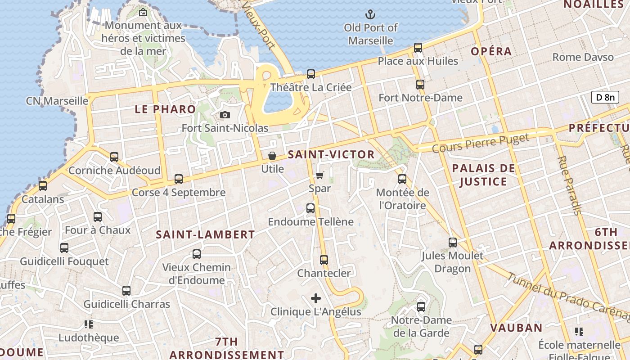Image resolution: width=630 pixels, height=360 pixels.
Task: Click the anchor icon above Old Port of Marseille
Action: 370,14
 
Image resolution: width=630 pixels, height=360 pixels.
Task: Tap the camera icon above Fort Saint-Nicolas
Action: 225,115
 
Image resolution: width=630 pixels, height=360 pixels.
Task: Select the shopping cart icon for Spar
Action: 319,175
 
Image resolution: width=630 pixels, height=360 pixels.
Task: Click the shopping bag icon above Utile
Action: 272,156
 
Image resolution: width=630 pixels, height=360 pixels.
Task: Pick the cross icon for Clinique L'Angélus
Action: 316,298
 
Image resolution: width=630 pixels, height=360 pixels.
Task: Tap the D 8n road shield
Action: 605,97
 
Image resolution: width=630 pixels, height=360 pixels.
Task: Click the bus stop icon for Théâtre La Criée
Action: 310,74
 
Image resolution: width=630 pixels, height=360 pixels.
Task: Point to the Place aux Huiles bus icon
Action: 418,47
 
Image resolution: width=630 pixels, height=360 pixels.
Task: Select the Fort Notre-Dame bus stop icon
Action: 420,84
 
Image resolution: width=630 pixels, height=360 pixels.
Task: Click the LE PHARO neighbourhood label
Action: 166,109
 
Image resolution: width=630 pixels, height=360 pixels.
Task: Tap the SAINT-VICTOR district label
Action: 331,155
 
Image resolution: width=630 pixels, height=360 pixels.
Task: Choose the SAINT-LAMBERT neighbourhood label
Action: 205,234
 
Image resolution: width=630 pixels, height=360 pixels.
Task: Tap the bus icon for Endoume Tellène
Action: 310,208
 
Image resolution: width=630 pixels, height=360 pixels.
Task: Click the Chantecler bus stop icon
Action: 324,260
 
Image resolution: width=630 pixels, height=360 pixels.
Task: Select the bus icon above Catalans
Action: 43,185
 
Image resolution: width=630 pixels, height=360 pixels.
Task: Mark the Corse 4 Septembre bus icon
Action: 179,179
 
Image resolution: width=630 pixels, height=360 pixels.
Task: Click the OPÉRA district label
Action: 491,51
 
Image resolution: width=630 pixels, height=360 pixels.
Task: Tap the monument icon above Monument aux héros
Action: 143,12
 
